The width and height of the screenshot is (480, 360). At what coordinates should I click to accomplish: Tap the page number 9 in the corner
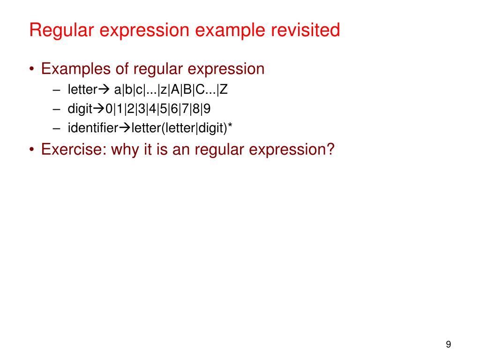[448, 345]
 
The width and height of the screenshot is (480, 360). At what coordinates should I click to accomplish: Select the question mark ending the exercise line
[330, 150]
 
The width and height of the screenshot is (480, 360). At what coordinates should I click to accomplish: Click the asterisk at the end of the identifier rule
[230, 127]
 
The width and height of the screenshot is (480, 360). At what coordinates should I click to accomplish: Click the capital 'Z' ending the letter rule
[224, 90]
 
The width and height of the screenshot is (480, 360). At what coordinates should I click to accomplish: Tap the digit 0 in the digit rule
[109, 109]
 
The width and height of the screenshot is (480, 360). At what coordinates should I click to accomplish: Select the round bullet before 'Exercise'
[31, 150]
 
